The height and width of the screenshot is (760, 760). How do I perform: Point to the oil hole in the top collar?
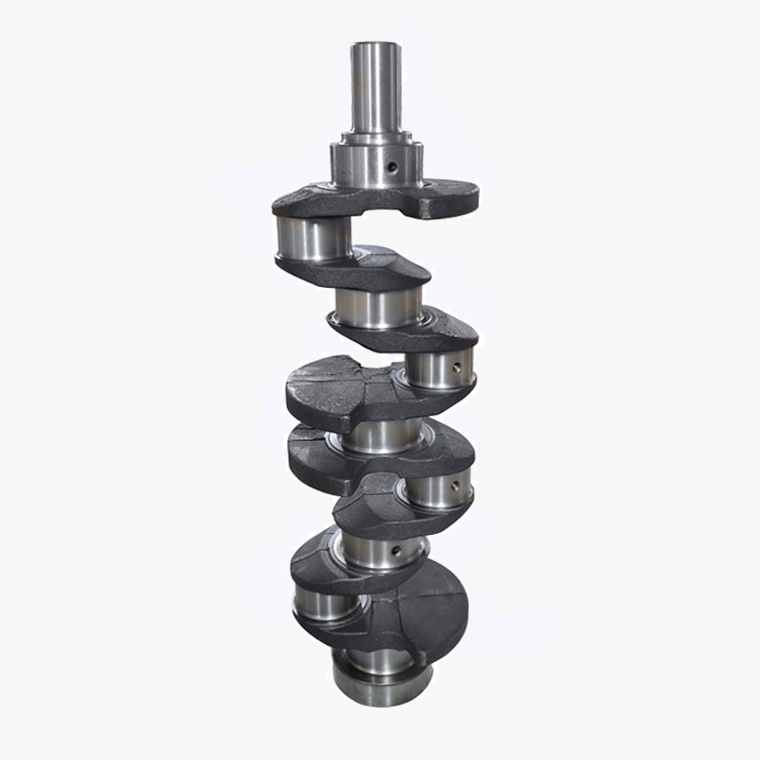coord(391,167)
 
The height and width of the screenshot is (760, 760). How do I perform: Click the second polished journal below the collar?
coord(378,308)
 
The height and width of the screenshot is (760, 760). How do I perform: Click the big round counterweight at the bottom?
coord(418,608)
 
